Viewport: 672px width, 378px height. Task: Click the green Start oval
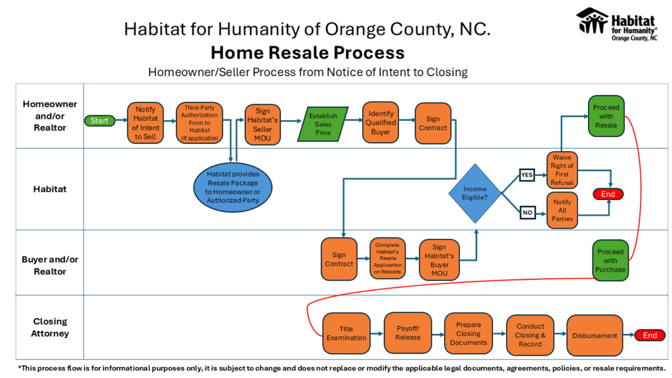point(100,121)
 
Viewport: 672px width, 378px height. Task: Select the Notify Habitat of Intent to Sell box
point(145,123)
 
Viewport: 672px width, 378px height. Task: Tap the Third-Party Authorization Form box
point(199,123)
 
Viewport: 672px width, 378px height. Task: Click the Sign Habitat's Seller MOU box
point(262,124)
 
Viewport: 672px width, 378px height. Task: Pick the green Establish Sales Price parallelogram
point(323,124)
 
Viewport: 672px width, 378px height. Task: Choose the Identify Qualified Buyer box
point(381,123)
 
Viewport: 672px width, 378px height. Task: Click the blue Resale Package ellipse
point(233,187)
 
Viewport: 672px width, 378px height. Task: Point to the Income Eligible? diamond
point(475,194)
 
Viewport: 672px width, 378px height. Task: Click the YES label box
point(527,175)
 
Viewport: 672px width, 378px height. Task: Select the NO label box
point(528,213)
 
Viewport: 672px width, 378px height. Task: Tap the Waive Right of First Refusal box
point(562,170)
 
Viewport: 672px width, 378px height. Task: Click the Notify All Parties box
point(562,211)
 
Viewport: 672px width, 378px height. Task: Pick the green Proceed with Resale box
point(606,116)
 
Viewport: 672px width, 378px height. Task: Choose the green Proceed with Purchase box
point(610,261)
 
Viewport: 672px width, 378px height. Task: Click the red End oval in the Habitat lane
point(608,194)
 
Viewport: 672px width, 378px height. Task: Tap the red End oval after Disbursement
point(650,335)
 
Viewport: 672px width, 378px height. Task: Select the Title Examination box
point(346,333)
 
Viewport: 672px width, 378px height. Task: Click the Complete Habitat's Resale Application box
point(387,259)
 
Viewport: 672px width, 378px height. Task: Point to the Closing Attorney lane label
point(50,327)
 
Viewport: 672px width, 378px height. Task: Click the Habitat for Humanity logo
point(617,24)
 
